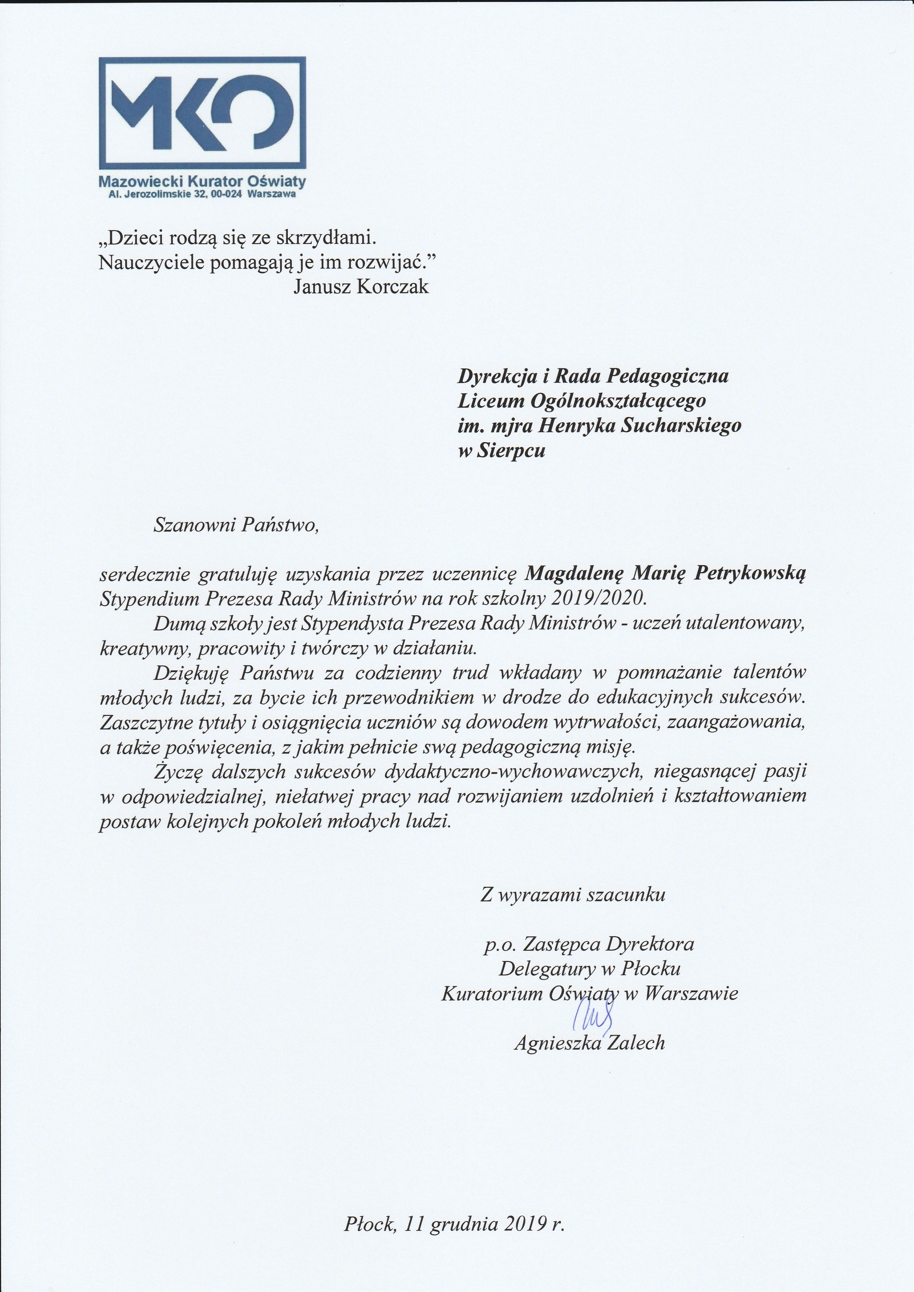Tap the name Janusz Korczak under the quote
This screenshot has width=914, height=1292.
click(x=361, y=286)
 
